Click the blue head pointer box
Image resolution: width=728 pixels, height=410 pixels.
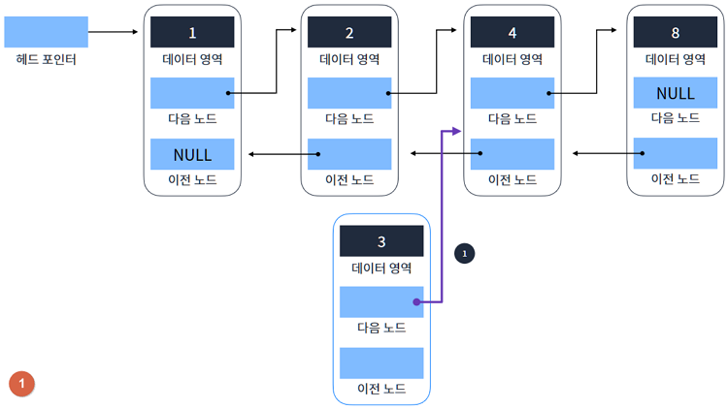click(46, 32)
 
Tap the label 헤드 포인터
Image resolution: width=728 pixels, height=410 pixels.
click(46, 60)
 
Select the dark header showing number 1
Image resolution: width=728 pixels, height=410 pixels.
click(191, 32)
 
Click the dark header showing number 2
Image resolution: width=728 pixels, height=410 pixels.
click(349, 32)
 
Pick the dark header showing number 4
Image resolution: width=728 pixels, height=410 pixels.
click(512, 32)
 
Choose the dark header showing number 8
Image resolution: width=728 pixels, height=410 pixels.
click(675, 32)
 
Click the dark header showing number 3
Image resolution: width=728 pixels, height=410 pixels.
click(381, 240)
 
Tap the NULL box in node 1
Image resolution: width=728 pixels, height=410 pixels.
click(191, 154)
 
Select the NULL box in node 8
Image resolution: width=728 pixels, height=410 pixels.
click(675, 93)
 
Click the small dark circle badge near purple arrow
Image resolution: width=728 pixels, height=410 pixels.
click(464, 253)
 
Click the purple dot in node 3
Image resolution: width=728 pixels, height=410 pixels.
click(415, 301)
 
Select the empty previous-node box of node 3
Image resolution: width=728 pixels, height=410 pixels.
click(381, 363)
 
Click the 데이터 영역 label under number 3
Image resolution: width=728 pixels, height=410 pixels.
click(381, 268)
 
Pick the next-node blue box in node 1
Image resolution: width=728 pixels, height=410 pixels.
click(191, 93)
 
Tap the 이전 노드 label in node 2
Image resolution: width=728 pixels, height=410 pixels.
click(349, 179)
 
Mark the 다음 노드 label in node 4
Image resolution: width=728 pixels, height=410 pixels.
click(512, 118)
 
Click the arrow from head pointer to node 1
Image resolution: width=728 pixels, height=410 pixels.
click(114, 32)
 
